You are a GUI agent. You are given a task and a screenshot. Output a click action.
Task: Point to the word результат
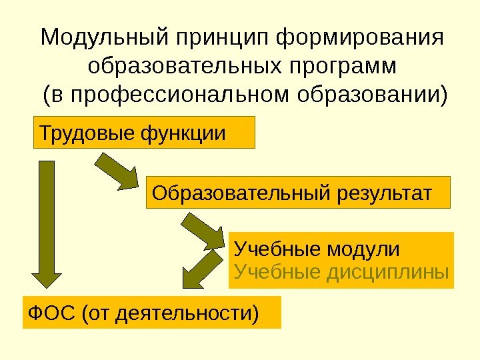(382, 193)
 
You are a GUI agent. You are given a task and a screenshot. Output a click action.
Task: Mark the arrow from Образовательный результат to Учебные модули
(204, 230)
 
